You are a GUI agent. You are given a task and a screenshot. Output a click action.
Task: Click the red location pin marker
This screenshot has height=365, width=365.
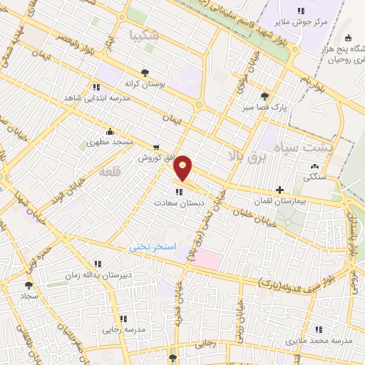tap(183, 168)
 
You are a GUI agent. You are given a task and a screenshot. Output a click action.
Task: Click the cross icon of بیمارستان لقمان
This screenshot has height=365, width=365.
tap(280, 190)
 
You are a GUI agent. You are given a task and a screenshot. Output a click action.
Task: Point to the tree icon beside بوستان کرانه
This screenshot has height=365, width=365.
tap(145, 72)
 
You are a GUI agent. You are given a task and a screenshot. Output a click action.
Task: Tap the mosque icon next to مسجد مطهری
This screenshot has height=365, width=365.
tap(109, 131)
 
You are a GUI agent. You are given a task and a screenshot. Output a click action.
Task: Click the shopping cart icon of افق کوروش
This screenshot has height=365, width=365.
tap(155, 148)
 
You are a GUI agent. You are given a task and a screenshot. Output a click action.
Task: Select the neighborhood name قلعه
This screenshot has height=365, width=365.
tap(110, 172)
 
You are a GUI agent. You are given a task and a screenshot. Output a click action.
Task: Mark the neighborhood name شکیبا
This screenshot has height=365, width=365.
tap(136, 34)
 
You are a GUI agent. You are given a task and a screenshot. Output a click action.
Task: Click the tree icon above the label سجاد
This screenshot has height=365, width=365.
tap(29, 284)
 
